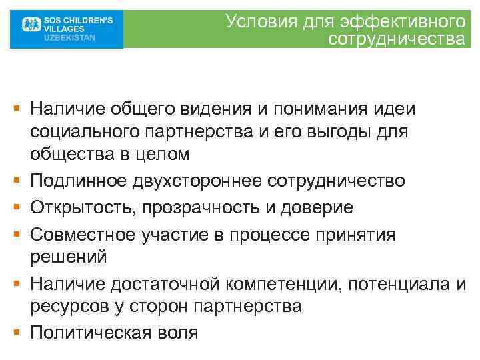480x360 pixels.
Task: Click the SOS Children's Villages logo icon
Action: point(27,29)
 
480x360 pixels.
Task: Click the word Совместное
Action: point(84,235)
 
